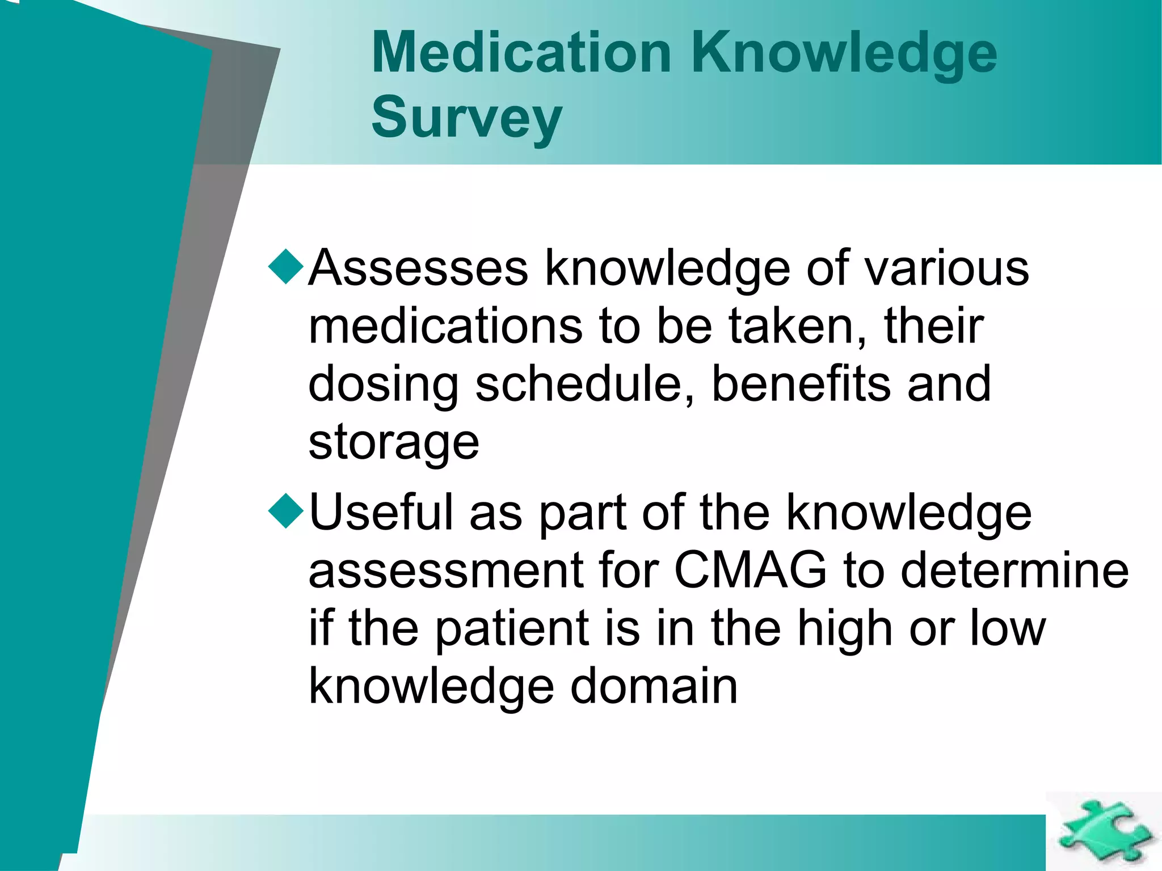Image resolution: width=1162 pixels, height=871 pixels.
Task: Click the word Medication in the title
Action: [521, 52]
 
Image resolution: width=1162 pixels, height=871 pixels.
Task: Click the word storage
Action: [394, 443]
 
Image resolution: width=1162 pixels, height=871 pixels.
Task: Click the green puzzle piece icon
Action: [1104, 831]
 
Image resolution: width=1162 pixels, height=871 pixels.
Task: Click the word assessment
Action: [445, 572]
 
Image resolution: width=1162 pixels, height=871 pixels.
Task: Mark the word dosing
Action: [383, 386]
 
